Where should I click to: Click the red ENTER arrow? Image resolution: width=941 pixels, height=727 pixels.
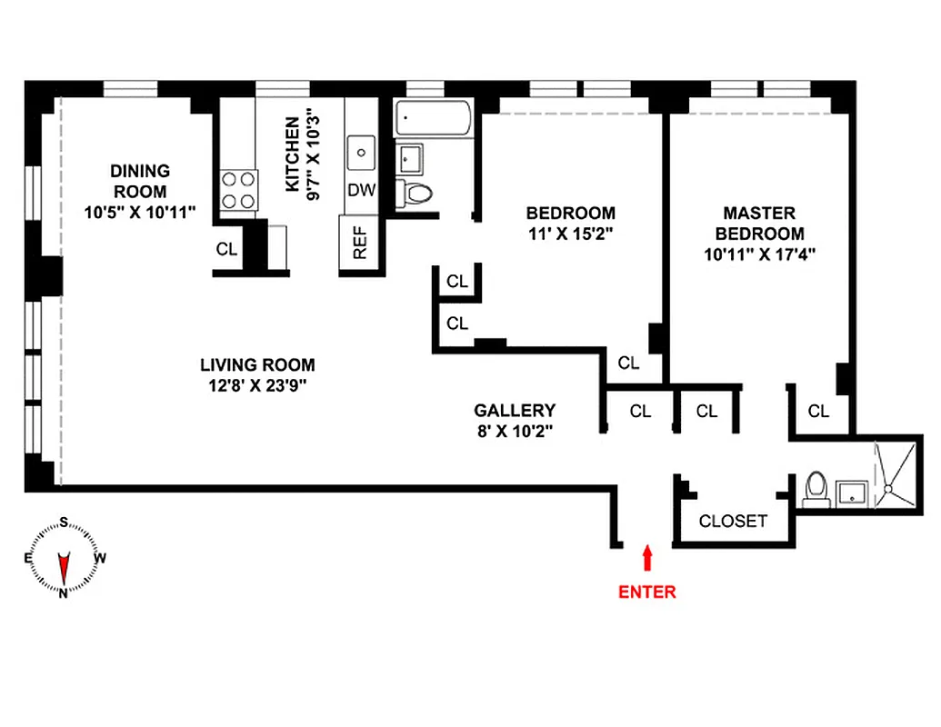[x=646, y=556]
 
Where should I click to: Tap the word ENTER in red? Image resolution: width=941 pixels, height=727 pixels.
[x=646, y=592]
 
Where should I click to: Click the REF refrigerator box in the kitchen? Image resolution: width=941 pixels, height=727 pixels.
[x=359, y=244]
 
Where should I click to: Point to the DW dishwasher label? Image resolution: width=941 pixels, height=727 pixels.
[x=360, y=191]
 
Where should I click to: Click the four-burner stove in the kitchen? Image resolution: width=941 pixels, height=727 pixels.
[x=238, y=191]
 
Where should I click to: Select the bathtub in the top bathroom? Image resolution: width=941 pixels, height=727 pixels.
[x=433, y=118]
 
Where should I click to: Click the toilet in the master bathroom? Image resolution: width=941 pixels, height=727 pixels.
[x=816, y=489]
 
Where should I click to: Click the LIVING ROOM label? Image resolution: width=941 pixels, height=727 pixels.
[x=257, y=365]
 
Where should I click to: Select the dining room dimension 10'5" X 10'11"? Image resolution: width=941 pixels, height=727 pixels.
[x=139, y=212]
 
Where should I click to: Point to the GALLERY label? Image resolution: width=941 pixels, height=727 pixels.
[x=515, y=411]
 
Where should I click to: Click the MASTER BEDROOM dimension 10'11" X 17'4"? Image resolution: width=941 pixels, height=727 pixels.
[x=758, y=255]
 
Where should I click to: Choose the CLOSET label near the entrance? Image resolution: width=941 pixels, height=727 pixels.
[x=733, y=522]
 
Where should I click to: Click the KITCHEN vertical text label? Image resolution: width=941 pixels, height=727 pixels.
[x=292, y=154]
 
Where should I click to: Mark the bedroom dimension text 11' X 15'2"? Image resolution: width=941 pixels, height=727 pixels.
[x=570, y=234]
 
